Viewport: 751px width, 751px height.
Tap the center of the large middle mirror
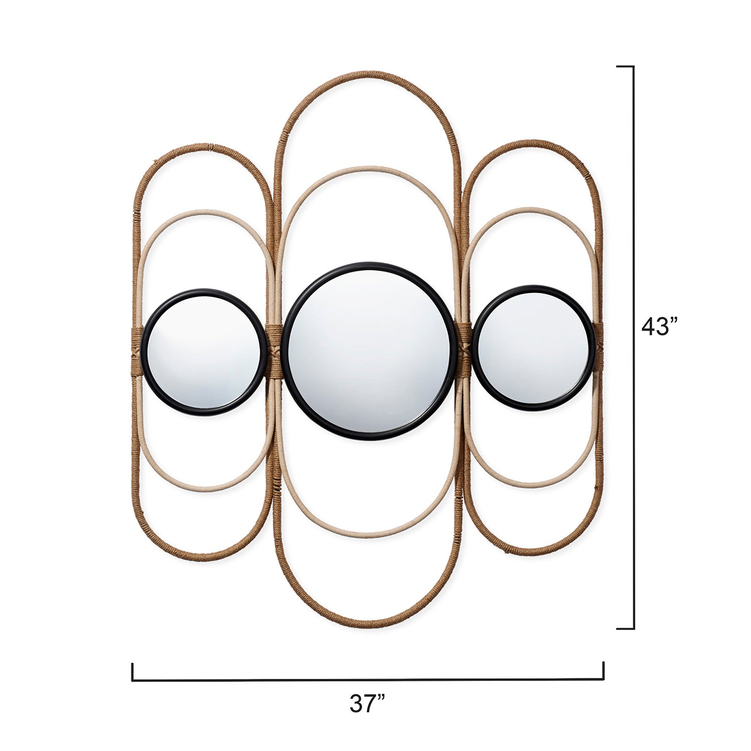click(x=368, y=351)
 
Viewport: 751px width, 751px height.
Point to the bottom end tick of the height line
click(x=626, y=628)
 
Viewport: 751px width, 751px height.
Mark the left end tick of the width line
click(x=133, y=671)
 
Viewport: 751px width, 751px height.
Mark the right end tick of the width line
click(x=603, y=671)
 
